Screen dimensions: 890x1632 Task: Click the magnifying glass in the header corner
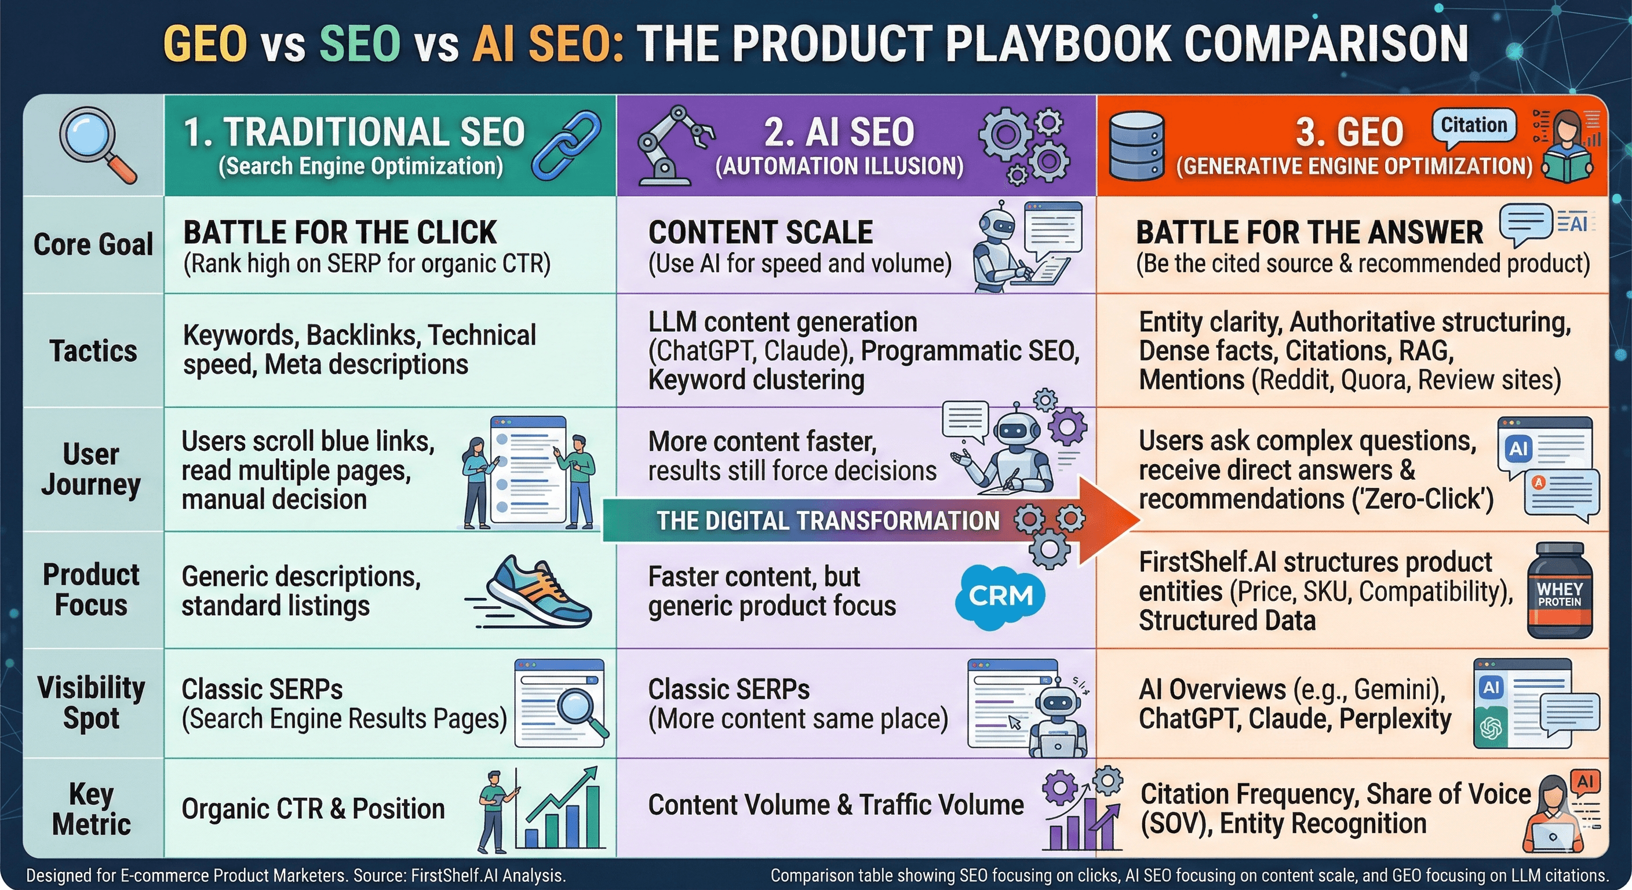point(96,144)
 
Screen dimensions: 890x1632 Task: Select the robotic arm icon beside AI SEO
point(673,145)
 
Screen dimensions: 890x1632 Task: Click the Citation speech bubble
point(1474,125)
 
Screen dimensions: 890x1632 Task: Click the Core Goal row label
point(93,245)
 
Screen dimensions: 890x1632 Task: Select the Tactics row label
point(93,351)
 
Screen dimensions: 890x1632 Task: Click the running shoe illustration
point(532,592)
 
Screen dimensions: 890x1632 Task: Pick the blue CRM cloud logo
point(1000,596)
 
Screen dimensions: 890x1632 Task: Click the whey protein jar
point(1559,590)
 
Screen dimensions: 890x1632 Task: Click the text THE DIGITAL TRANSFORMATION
point(828,521)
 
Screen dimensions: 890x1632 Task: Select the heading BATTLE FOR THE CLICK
point(340,232)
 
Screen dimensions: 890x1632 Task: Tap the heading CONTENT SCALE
point(760,232)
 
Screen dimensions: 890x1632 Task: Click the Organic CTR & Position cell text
point(313,809)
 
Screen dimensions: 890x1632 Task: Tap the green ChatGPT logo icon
point(1491,728)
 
